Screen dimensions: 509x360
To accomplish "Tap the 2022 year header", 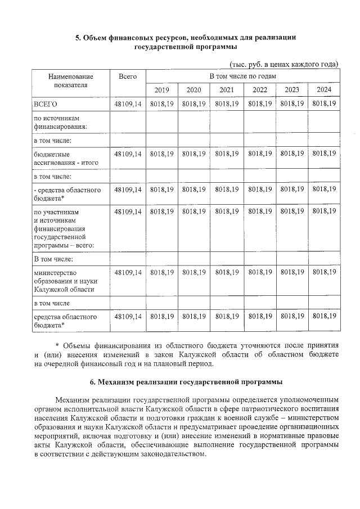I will [x=259, y=90].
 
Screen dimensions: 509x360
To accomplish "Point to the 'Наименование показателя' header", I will [x=70, y=80].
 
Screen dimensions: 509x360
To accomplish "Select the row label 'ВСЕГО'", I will [x=46, y=104].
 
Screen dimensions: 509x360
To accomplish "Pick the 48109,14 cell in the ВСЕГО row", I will [x=128, y=104].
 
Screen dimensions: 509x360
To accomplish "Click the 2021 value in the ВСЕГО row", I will [x=227, y=104].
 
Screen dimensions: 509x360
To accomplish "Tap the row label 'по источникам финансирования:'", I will [x=58, y=123].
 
